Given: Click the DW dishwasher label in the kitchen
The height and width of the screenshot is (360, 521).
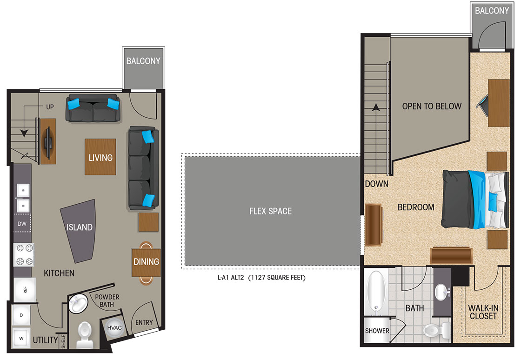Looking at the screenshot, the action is [x=22, y=224].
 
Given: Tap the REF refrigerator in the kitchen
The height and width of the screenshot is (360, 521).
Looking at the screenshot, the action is [x=25, y=290].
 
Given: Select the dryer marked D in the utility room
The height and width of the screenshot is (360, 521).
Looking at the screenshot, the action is [x=21, y=315].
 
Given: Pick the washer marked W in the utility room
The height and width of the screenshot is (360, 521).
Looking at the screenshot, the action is [x=21, y=338].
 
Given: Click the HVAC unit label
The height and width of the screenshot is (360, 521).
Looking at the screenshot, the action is [x=114, y=328].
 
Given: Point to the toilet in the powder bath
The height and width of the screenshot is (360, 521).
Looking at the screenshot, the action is [x=84, y=334].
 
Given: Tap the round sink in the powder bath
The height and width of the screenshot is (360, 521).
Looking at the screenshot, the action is [x=78, y=304].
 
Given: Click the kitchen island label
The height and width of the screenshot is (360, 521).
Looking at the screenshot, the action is [x=80, y=227].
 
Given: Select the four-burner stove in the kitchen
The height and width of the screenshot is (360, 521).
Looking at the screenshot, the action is [x=24, y=255].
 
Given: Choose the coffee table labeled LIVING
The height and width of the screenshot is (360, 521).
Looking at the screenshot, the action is [x=100, y=157].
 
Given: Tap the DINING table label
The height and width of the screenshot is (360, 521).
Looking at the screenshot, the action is [x=146, y=262].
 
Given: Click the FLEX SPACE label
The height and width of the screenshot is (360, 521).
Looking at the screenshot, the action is [x=270, y=211].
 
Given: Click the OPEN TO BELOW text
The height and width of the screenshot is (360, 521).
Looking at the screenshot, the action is [x=432, y=106].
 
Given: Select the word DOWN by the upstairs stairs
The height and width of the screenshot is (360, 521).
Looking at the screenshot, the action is [x=376, y=184].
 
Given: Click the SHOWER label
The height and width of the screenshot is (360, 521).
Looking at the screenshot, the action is [x=377, y=331].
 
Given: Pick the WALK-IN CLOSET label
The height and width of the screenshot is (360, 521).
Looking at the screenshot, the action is [x=483, y=312].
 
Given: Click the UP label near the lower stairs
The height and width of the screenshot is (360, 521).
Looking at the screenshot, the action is [x=50, y=107].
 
